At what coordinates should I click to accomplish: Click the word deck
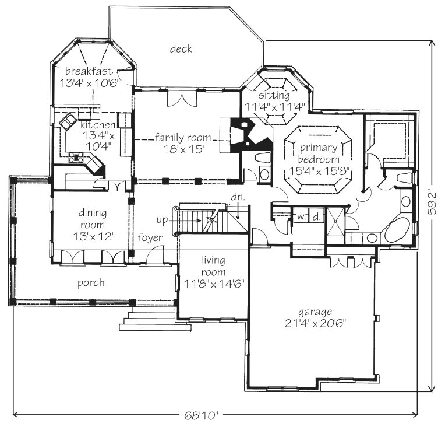click(x=181, y=49)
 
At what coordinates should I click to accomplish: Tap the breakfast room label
click(x=89, y=71)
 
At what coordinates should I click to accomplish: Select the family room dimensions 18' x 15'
click(x=183, y=149)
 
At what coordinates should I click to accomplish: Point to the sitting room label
click(x=274, y=95)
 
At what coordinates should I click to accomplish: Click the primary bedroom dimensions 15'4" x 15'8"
click(x=319, y=171)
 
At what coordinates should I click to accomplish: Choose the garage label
click(x=315, y=312)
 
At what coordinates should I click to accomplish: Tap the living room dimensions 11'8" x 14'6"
click(x=214, y=284)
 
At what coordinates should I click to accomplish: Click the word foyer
click(x=150, y=237)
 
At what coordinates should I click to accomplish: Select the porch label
click(x=91, y=283)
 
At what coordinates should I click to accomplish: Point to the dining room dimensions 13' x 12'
click(x=93, y=236)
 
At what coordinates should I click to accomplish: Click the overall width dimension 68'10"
click(x=202, y=416)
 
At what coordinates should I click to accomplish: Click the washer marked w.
click(x=301, y=217)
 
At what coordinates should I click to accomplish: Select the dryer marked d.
click(x=316, y=217)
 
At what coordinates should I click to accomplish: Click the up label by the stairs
click(x=162, y=221)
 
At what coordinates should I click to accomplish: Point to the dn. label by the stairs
click(x=238, y=197)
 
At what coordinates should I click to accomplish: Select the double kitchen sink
click(x=67, y=122)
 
